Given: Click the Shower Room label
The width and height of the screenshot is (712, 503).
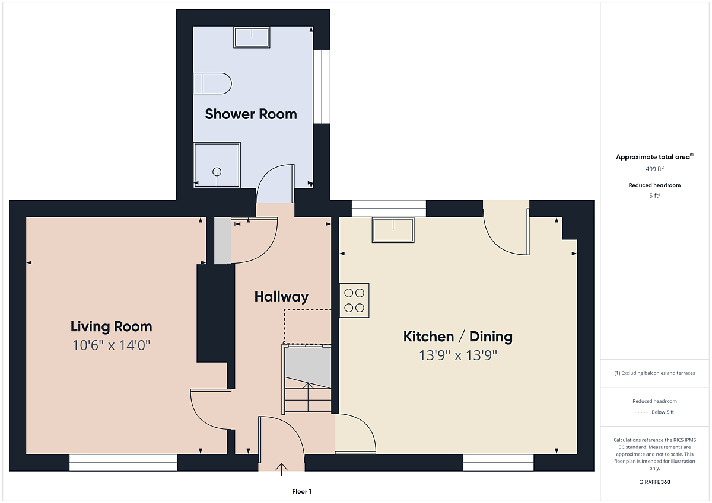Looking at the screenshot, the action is click(251, 114).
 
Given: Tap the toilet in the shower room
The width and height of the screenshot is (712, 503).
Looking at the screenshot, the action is click(212, 84).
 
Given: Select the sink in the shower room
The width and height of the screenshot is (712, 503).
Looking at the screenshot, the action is click(252, 37).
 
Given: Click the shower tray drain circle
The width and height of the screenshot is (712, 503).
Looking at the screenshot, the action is click(217, 172).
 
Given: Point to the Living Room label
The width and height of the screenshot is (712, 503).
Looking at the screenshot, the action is click(112, 326).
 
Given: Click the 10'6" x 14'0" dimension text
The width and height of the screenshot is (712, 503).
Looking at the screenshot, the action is click(112, 345).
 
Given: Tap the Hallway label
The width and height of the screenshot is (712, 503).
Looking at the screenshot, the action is click(281, 297).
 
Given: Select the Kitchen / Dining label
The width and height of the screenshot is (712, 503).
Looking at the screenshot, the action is click(457, 337).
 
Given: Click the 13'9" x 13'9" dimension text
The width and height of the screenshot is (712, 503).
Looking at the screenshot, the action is click(457, 355).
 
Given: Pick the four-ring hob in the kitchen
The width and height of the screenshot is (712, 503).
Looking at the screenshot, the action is click(354, 300).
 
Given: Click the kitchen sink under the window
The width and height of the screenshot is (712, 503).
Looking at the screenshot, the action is click(393, 230).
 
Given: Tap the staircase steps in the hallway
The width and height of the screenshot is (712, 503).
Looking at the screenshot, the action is click(308, 395).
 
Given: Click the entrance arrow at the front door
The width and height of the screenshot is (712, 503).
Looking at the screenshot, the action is click(281, 470).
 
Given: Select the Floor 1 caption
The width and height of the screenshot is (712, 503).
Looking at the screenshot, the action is click(301, 491).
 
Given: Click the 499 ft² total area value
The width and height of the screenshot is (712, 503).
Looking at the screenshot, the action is click(654, 168).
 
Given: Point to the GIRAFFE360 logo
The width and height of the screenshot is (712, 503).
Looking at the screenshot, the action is click(654, 482).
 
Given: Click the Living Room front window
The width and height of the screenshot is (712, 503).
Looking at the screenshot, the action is click(123, 463).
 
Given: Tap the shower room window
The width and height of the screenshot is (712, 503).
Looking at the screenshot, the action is click(322, 86).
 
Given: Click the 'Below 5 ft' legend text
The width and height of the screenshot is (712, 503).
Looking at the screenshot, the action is click(663, 412).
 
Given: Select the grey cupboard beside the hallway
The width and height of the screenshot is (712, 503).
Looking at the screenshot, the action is click(223, 241).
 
